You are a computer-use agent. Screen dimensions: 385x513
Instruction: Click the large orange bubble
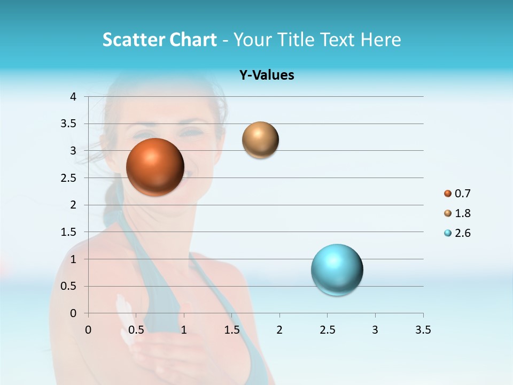coord(155,167)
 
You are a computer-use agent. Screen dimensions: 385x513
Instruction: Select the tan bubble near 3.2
coord(260,140)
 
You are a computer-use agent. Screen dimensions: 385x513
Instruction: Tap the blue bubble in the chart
coord(337,269)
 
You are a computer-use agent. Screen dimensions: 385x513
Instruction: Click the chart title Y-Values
coord(267,75)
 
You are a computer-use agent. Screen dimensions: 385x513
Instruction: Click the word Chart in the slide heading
coord(193,40)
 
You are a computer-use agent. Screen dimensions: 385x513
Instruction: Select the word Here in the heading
coord(380,40)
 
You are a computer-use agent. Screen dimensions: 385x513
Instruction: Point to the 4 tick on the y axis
coord(74,97)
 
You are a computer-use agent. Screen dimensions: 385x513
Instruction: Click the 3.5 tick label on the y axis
coord(68,124)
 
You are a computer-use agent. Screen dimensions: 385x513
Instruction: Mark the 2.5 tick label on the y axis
coord(68,178)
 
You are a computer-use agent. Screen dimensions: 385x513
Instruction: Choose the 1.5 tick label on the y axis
coord(68,232)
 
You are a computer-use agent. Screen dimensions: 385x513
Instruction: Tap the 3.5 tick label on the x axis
coord(423,330)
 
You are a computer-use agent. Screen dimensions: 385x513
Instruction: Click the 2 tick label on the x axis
coord(279,330)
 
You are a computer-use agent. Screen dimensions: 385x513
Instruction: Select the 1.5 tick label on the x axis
coord(231,330)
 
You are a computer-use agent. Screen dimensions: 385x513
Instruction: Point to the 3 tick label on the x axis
coord(375,330)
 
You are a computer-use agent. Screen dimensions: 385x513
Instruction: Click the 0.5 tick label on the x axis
coord(136,330)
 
